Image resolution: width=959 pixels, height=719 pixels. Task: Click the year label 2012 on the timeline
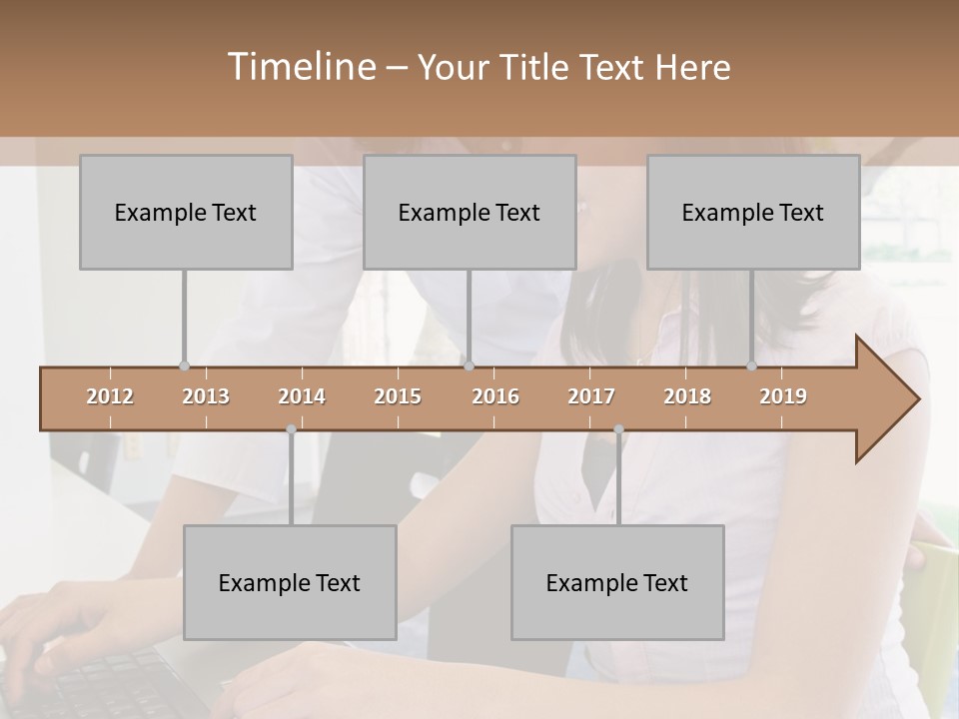(110, 396)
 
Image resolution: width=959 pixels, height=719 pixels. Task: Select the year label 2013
(206, 396)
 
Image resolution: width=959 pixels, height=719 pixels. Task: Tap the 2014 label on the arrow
(302, 396)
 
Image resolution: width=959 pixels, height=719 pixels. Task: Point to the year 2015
(398, 396)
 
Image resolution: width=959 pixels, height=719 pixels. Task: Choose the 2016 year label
(495, 396)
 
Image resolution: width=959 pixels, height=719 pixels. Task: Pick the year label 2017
(591, 396)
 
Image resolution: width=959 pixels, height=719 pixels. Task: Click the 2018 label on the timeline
(687, 396)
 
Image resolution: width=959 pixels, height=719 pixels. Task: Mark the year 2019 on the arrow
(783, 396)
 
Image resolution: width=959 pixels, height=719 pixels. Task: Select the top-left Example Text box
(186, 212)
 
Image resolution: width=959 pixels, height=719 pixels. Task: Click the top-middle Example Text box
(470, 212)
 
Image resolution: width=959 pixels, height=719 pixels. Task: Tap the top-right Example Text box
(753, 212)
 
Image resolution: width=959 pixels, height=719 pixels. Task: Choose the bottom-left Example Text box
(290, 582)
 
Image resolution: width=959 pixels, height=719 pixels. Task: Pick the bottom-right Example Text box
(617, 582)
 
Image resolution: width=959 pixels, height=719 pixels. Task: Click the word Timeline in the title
(300, 67)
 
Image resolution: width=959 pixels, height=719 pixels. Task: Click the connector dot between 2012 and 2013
(184, 366)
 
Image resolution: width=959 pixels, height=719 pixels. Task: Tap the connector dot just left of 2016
(469, 366)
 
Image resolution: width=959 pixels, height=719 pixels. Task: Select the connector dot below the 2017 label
(618, 429)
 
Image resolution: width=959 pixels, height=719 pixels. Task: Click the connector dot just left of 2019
(752, 366)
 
